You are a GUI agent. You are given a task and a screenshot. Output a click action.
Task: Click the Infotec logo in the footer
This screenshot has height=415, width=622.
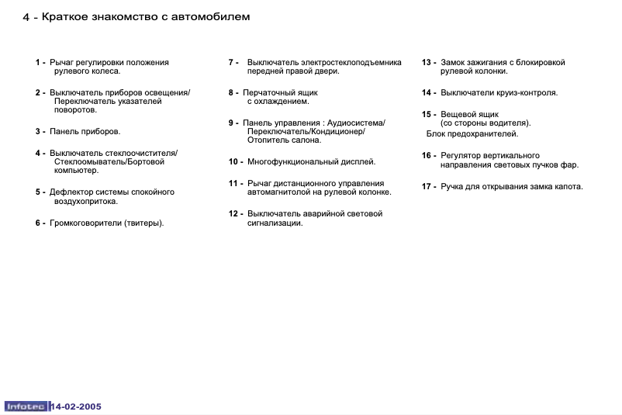pyautogui.click(x=26, y=406)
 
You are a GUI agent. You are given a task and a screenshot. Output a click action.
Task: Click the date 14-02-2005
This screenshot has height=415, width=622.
pyautogui.click(x=76, y=406)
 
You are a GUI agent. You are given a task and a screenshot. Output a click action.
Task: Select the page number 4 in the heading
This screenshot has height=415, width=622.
pyautogui.click(x=26, y=17)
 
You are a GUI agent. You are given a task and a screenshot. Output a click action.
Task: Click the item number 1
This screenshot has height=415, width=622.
pyautogui.click(x=38, y=62)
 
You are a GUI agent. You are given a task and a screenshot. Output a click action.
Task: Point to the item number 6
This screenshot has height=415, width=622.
pyautogui.click(x=38, y=223)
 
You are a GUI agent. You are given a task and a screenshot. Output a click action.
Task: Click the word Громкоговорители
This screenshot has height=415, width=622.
pyautogui.click(x=85, y=223)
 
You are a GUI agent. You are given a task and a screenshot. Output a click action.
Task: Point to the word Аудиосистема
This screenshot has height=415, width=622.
pyautogui.click(x=356, y=123)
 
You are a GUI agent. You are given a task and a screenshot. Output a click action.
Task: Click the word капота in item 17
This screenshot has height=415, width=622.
pyautogui.click(x=567, y=186)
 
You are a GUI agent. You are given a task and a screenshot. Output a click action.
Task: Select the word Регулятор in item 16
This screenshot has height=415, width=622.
pyautogui.click(x=462, y=155)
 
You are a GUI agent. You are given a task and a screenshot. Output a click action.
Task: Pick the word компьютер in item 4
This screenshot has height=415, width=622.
pyautogui.click(x=75, y=171)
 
